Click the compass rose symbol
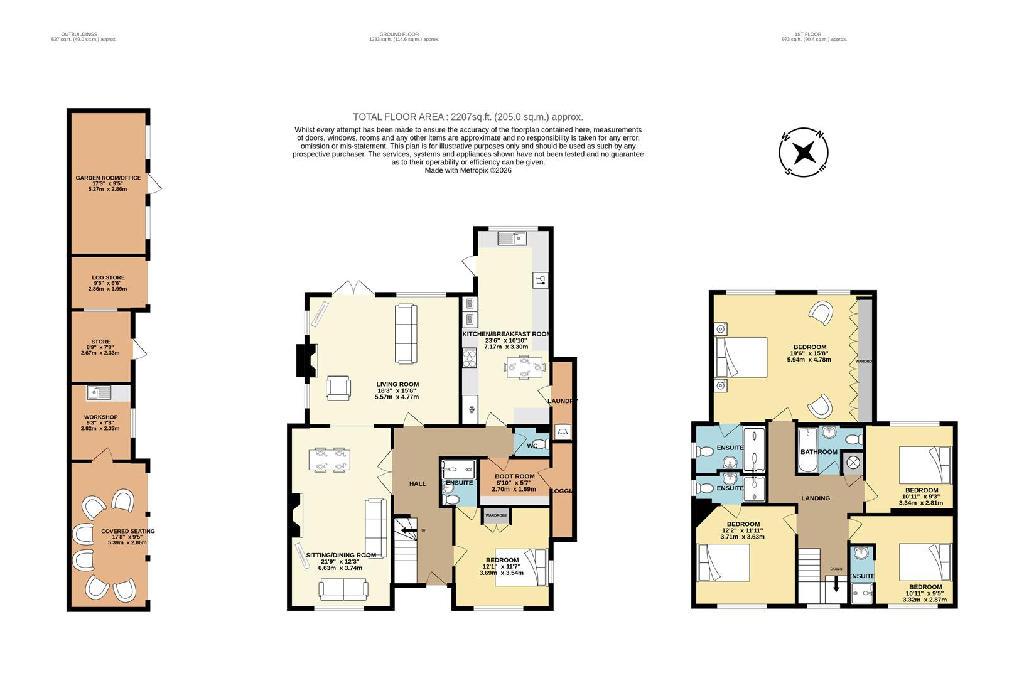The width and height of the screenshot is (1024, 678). (803, 153)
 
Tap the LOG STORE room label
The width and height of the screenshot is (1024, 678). (109, 277)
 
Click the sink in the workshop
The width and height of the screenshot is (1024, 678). (99, 393)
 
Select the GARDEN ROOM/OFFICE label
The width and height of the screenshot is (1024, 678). (108, 178)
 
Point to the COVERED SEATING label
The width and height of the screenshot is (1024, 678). (127, 531)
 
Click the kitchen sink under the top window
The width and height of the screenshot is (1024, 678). (512, 238)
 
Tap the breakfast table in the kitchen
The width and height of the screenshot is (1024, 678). (525, 367)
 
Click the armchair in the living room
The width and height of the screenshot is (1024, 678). (339, 387)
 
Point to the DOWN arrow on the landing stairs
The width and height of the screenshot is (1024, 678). (836, 584)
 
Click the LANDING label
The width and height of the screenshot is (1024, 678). (815, 498)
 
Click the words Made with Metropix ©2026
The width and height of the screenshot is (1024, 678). (468, 170)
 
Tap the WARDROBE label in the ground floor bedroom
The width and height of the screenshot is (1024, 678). (496, 515)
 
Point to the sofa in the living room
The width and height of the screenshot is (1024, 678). (406, 333)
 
